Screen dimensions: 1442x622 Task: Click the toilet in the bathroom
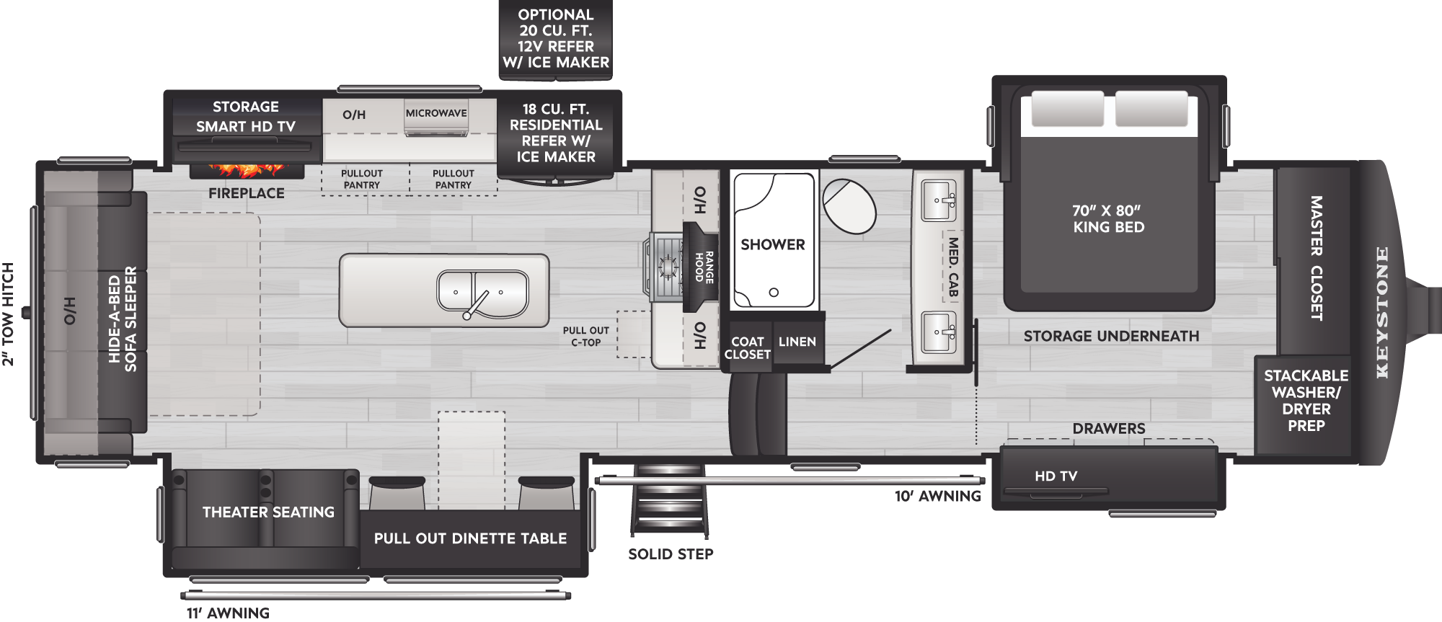[x=849, y=206]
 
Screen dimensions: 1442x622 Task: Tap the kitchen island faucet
[x=475, y=305]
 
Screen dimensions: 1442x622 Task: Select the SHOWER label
[x=773, y=244]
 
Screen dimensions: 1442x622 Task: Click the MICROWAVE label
[x=436, y=113]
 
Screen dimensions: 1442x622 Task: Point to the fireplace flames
[x=247, y=171]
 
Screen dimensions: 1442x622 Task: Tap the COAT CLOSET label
[x=748, y=348]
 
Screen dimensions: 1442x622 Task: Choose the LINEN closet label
[x=797, y=342]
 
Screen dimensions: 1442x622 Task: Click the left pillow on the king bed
[x=1067, y=109]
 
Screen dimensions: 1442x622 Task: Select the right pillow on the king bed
[x=1151, y=109]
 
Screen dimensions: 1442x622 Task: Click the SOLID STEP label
[x=671, y=554]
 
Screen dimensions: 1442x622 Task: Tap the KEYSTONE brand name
[x=1381, y=312]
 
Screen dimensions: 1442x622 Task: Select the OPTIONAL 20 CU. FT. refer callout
[x=556, y=39]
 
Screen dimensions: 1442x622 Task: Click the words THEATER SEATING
[x=268, y=512]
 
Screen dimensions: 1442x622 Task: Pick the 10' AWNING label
[x=938, y=496]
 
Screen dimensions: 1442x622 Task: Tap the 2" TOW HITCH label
[x=8, y=314]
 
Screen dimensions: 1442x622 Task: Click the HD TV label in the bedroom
[x=1056, y=476]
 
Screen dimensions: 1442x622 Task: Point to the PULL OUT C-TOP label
[x=586, y=337]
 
